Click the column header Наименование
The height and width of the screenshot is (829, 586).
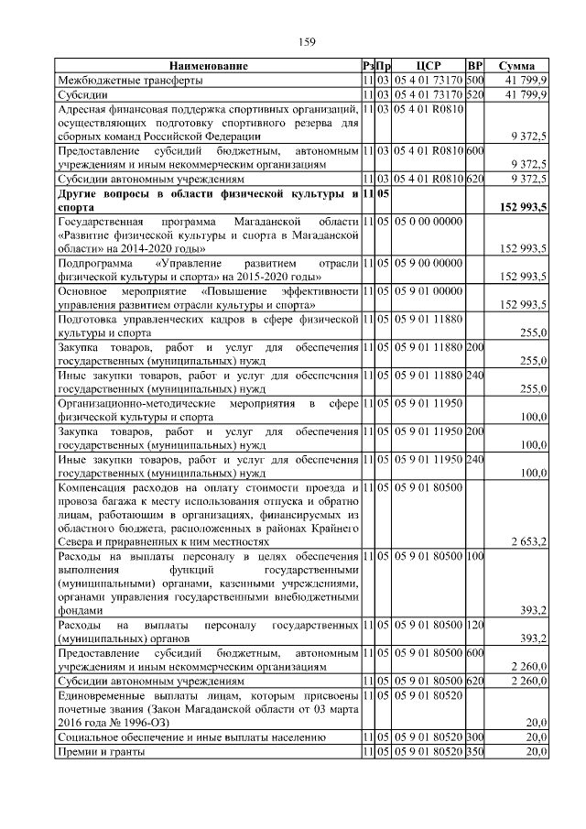208,66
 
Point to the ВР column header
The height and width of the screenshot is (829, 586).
474,66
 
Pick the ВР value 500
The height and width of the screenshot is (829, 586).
474,80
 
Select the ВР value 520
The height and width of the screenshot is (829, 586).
474,93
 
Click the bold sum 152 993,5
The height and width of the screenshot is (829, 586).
519,208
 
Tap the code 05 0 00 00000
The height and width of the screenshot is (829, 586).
429,222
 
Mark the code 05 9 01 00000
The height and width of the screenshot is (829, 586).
429,290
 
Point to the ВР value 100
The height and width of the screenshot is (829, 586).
474,556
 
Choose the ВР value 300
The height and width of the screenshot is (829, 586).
474,736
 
